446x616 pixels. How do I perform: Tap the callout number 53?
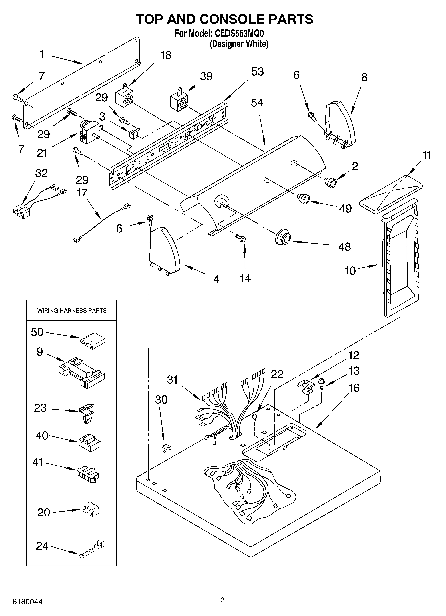[x=257, y=72]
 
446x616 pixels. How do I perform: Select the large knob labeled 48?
[x=283, y=237]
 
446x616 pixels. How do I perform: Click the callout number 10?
[x=350, y=271]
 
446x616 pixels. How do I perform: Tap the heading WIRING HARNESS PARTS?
[x=72, y=311]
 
